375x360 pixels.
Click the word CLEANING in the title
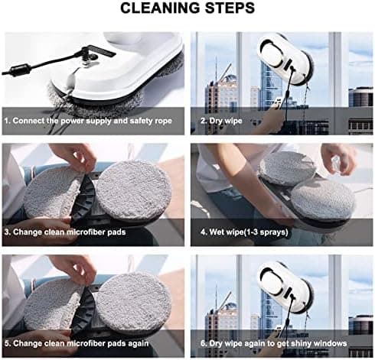click(x=161, y=8)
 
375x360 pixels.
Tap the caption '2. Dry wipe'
click(x=221, y=121)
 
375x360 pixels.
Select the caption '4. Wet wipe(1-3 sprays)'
click(x=244, y=232)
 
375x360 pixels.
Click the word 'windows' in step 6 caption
click(x=331, y=343)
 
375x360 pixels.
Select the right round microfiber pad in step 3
click(x=134, y=190)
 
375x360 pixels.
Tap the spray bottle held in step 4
click(x=336, y=164)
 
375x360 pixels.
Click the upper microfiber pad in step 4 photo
click(x=287, y=168)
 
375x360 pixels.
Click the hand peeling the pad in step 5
click(x=74, y=270)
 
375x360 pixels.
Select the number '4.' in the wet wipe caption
click(x=204, y=232)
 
